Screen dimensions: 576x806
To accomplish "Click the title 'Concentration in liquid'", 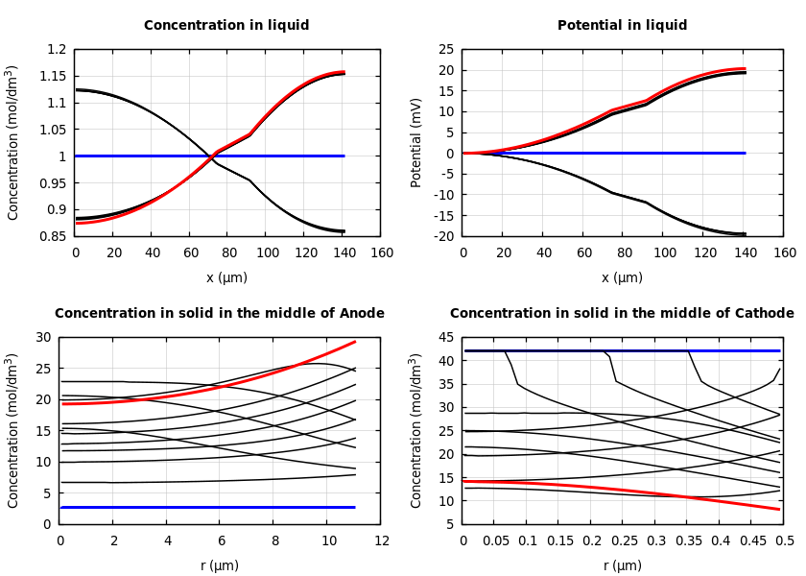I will [226, 26].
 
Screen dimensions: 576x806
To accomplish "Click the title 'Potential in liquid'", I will [622, 26].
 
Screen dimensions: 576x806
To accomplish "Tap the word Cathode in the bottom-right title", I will [764, 314].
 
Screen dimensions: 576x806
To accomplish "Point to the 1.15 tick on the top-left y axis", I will [55, 76].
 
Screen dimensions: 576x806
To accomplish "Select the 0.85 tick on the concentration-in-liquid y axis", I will [55, 236].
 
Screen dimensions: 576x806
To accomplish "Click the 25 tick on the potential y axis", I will [446, 49].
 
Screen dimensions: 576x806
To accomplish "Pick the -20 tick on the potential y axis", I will [443, 236].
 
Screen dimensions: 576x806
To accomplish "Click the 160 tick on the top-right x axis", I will [785, 253].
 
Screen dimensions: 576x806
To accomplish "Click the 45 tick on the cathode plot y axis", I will [446, 337].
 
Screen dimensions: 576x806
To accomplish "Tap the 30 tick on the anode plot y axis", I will [43, 337].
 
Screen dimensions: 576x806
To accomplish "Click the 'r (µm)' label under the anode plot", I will [220, 565].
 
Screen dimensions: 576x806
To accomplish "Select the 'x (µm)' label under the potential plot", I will [622, 277].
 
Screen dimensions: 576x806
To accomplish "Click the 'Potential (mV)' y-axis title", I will [416, 142].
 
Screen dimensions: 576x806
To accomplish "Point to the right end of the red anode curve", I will [355, 342].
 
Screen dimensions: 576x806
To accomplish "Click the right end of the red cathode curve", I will [779, 509].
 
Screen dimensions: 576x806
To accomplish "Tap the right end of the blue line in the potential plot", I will [745, 153].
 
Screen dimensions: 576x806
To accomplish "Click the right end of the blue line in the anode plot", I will [355, 507].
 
